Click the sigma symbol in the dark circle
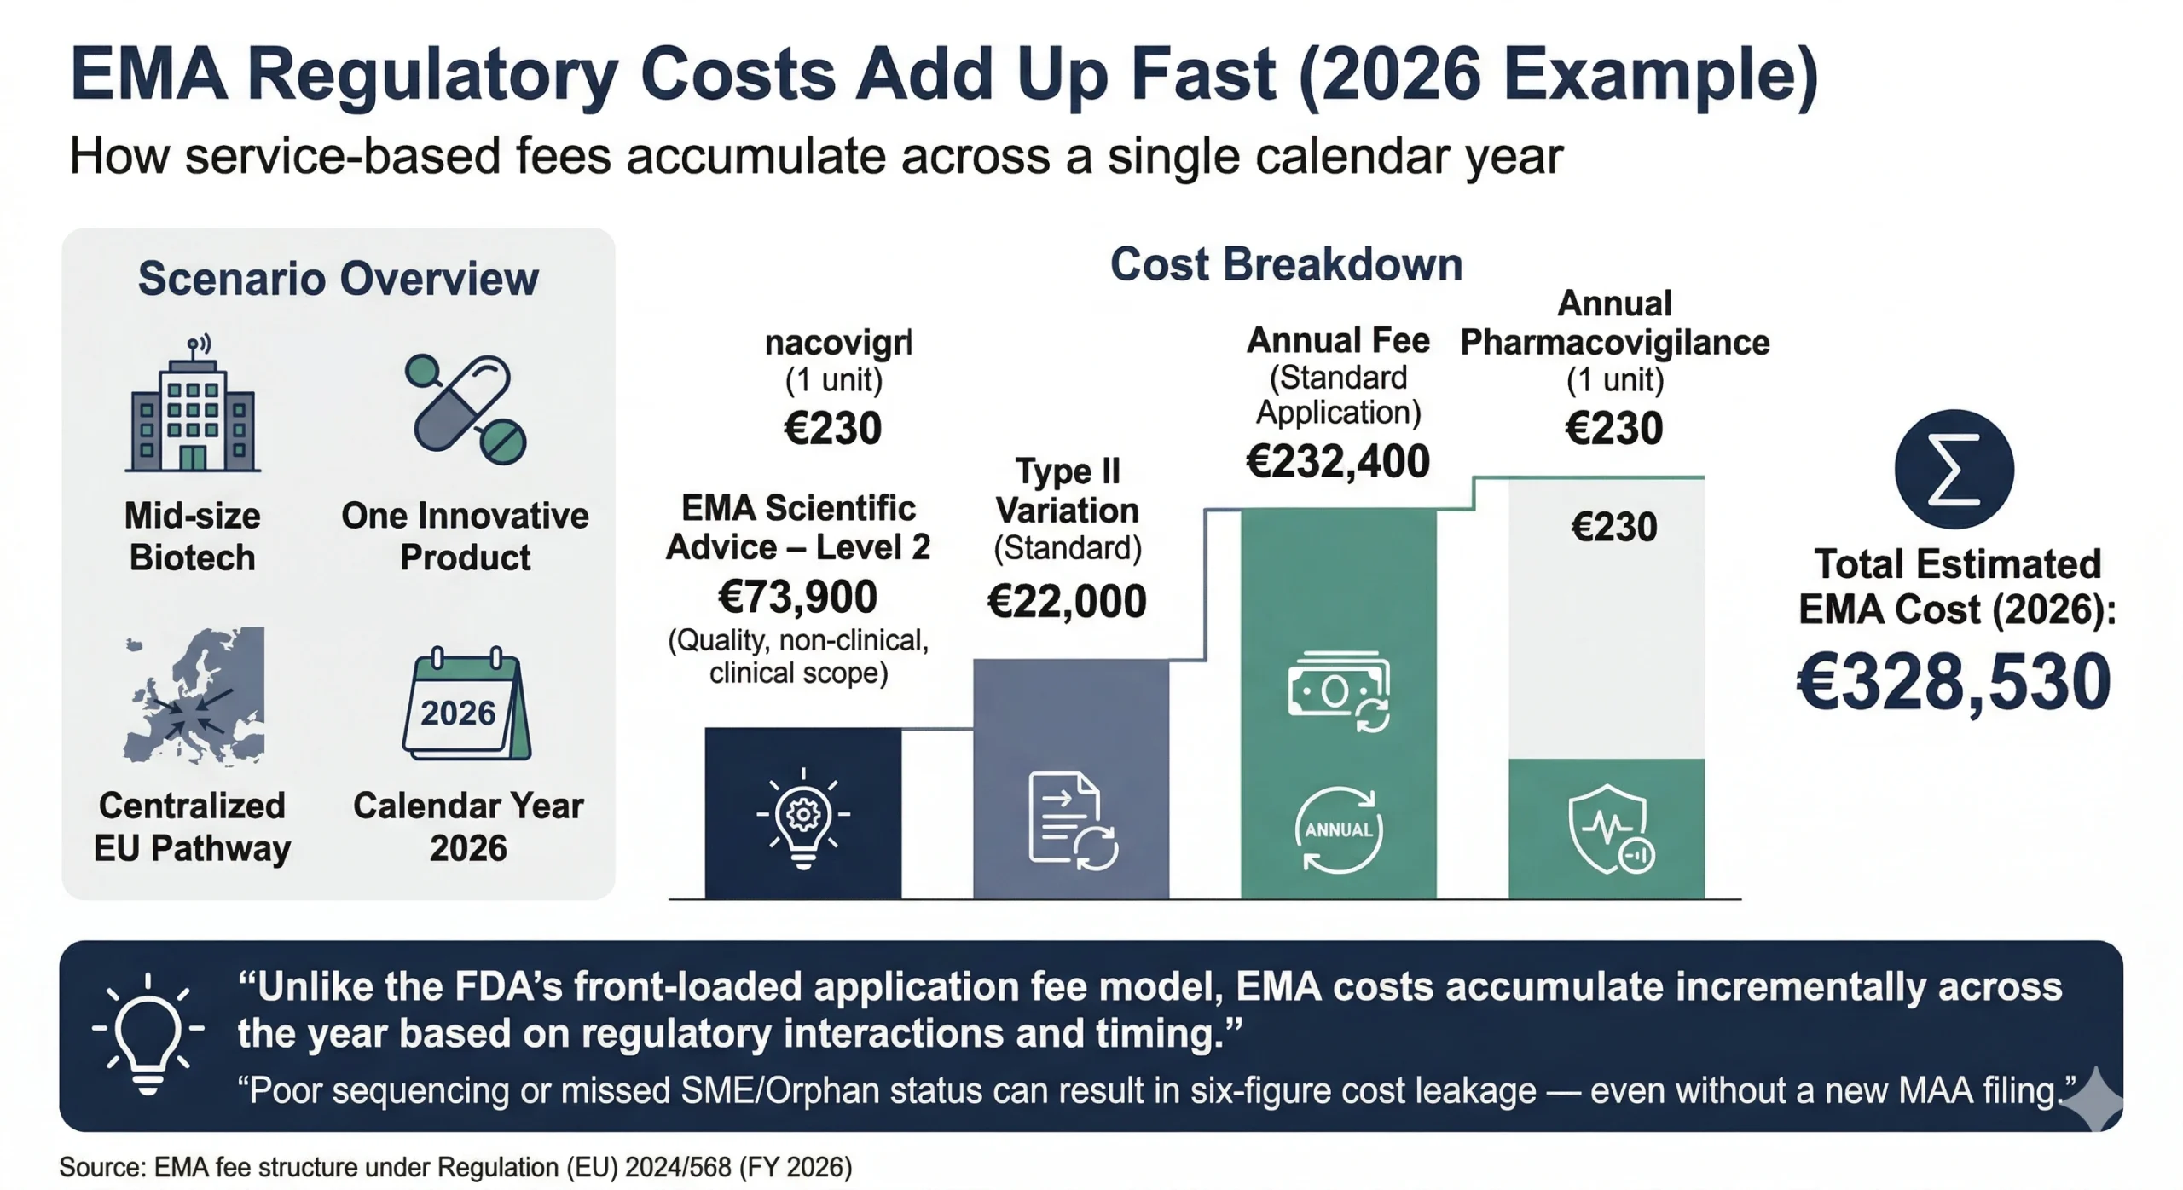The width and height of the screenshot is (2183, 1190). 1954,470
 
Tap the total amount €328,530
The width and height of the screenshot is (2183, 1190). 1954,682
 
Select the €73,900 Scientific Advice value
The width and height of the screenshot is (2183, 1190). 798,597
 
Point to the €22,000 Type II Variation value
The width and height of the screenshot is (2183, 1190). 1067,602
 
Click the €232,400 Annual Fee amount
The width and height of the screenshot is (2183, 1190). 1338,462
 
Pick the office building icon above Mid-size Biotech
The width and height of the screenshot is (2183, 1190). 193,407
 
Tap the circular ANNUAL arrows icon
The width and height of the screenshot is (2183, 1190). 1339,829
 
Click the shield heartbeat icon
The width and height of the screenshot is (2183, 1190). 1609,829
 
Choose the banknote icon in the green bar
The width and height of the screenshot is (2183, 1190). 1339,690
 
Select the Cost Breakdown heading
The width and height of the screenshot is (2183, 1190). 1286,264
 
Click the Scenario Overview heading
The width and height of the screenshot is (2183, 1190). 339,279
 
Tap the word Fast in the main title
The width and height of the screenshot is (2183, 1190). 1202,74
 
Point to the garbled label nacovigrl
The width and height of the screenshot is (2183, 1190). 838,344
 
